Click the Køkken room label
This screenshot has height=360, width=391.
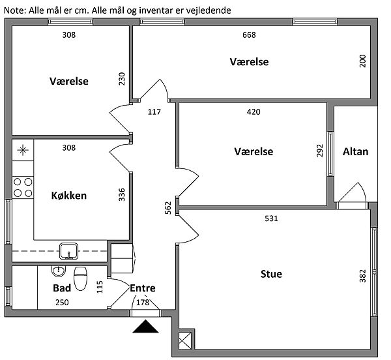(68, 195)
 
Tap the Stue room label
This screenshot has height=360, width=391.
(271, 274)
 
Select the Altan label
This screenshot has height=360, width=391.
(355, 152)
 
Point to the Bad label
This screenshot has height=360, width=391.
(62, 287)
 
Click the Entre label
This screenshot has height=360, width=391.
(143, 288)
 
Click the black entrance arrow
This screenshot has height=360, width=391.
(146, 327)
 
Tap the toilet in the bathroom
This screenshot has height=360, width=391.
(81, 278)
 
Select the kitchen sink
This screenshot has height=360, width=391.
(68, 250)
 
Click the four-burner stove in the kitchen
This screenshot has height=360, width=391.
(23, 187)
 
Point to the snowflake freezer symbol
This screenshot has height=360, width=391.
(23, 151)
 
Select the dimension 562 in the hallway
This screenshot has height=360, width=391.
(168, 208)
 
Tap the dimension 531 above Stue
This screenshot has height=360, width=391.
(271, 218)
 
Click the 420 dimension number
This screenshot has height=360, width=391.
(253, 112)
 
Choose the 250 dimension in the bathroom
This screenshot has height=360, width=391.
(61, 303)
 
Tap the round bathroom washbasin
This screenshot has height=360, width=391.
(60, 270)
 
